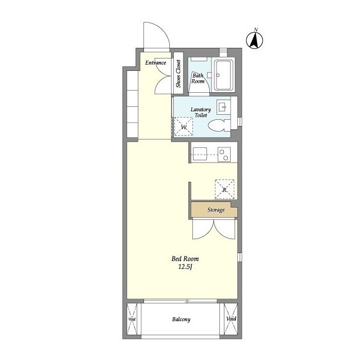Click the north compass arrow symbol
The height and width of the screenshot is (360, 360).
click(x=255, y=40)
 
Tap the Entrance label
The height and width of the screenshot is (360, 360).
click(x=155, y=62)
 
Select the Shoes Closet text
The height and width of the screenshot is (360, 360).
click(x=178, y=74)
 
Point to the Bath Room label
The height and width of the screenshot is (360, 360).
click(x=198, y=78)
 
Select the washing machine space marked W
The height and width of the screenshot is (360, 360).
click(x=183, y=127)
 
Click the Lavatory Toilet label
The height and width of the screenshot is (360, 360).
click(x=201, y=112)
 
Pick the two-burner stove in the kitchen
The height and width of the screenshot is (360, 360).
click(x=224, y=155)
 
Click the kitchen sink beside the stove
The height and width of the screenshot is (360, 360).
click(x=200, y=154)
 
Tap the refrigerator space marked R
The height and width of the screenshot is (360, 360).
click(x=224, y=190)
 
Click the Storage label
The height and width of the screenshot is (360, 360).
click(x=216, y=210)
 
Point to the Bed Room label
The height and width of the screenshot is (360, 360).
click(x=185, y=259)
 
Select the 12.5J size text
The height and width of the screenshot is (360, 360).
click(x=185, y=267)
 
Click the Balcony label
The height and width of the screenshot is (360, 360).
click(x=181, y=319)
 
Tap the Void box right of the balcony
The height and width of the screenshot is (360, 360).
click(x=231, y=319)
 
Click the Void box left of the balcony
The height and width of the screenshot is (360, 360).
click(x=132, y=319)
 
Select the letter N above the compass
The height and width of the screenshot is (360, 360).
click(x=256, y=29)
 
